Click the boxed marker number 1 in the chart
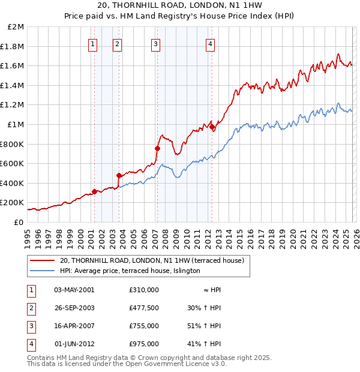[94, 43]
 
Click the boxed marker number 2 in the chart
[118, 43]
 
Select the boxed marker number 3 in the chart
[155, 43]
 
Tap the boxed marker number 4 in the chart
[211, 43]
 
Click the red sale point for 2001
[94, 191]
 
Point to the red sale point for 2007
[157, 148]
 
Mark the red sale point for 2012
[212, 127]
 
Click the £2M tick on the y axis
[17, 27]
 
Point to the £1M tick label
[17, 125]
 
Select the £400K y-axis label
[13, 183]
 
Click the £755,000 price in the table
[144, 326]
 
